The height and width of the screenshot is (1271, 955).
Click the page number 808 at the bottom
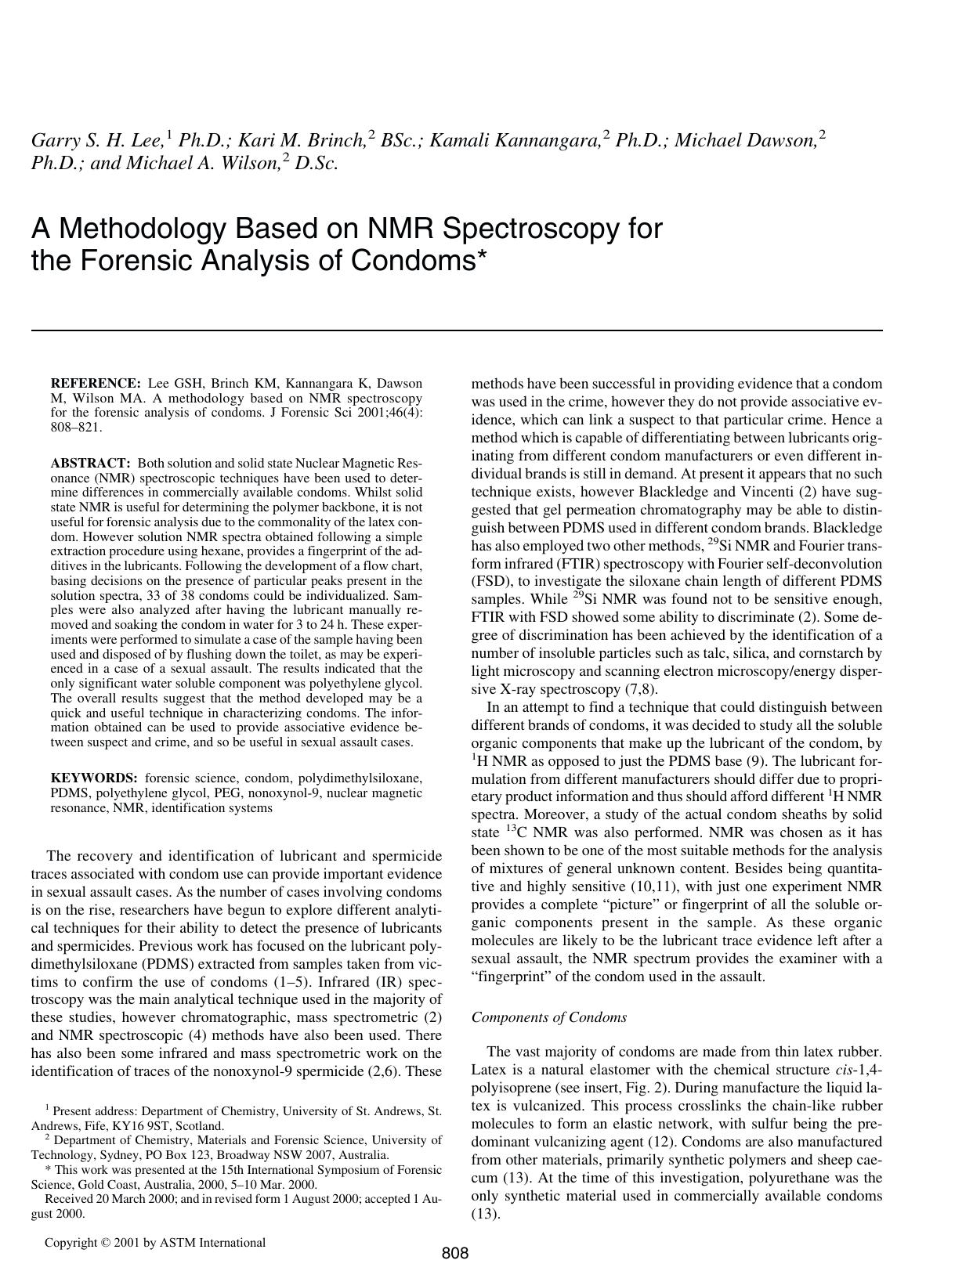click(x=455, y=1253)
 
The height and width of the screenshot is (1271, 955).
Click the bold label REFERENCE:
click(x=95, y=384)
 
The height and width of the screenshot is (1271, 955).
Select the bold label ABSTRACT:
click(x=90, y=464)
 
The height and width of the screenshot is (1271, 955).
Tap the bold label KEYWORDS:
click(x=94, y=778)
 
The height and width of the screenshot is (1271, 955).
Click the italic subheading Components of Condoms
click(x=548, y=1017)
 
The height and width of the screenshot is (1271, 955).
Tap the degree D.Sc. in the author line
click(x=317, y=164)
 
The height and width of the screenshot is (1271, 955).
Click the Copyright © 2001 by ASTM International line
click(x=155, y=1242)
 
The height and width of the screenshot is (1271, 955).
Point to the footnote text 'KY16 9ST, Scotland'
click(x=172, y=1126)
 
